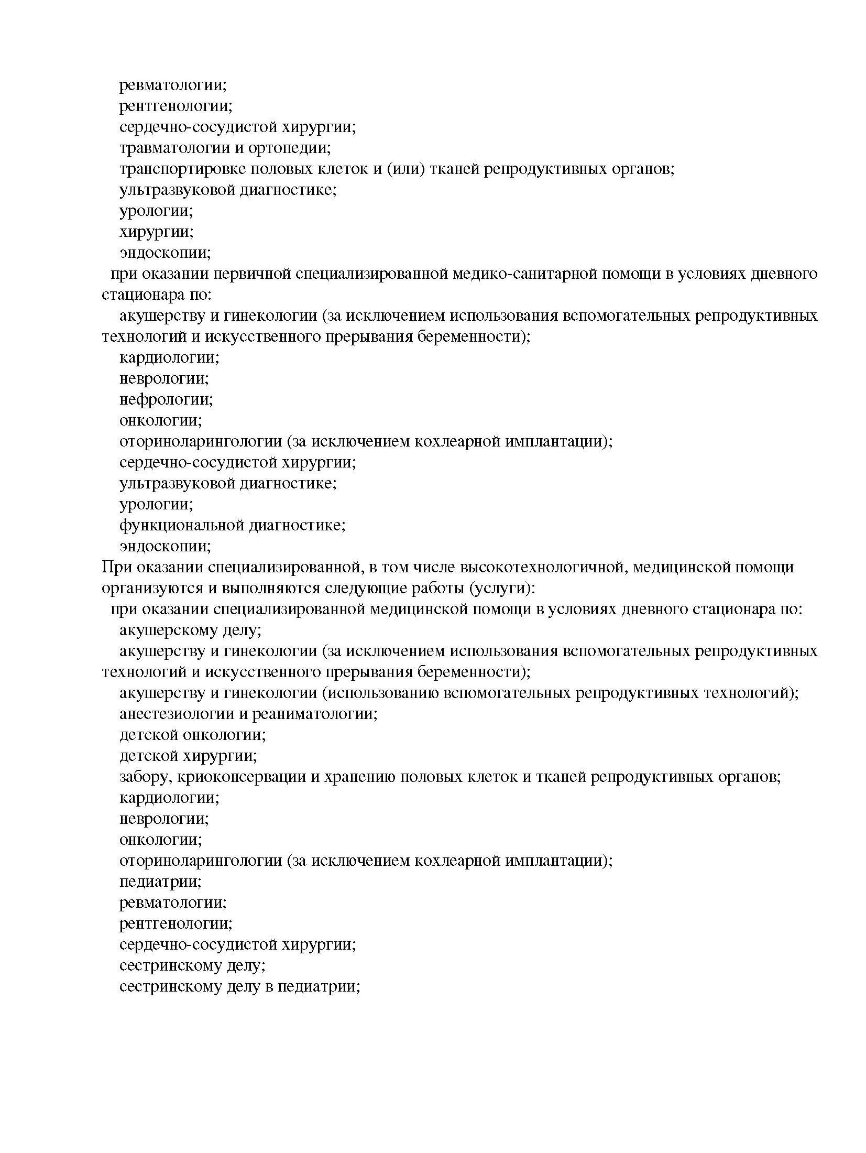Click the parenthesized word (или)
pos(404,169)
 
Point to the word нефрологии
pos(166,399)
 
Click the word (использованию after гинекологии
pos(381,693)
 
